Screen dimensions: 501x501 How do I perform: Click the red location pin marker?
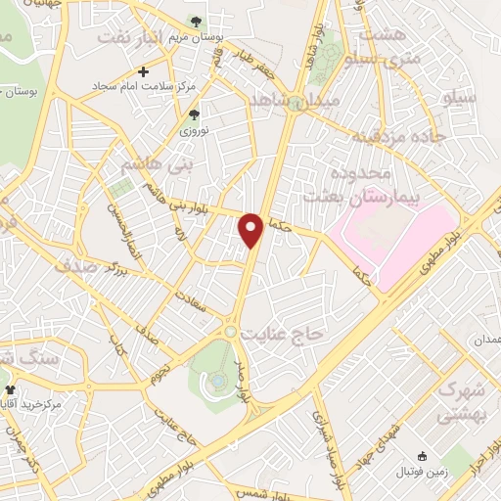click(x=253, y=229)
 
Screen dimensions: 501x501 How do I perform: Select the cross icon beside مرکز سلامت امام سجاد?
click(x=144, y=70)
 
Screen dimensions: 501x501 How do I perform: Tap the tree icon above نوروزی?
click(x=193, y=114)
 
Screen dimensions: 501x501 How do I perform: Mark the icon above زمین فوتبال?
click(x=422, y=456)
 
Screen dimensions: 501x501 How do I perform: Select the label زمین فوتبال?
click(x=422, y=472)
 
